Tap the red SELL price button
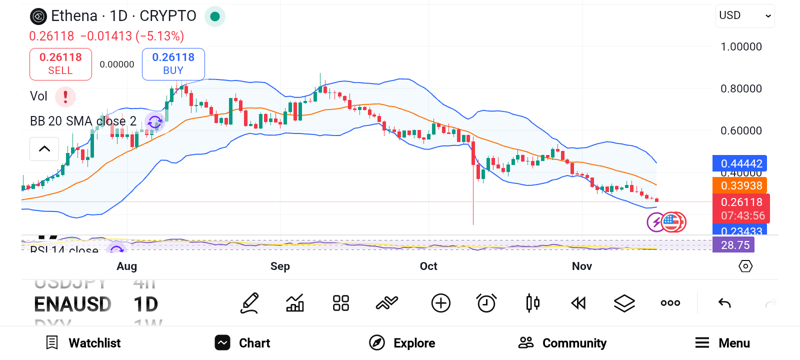pyautogui.click(x=60, y=64)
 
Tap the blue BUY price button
pyautogui.click(x=173, y=64)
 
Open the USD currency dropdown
pyautogui.click(x=744, y=16)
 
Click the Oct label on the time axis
pyautogui.click(x=428, y=266)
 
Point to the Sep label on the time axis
pyautogui.click(x=280, y=266)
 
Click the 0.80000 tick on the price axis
pyautogui.click(x=741, y=88)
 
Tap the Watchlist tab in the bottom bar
pyautogui.click(x=83, y=343)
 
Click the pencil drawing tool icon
pyautogui.click(x=249, y=303)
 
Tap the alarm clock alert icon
pyautogui.click(x=486, y=303)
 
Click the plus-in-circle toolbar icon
pyautogui.click(x=440, y=303)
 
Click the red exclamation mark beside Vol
pyautogui.click(x=65, y=96)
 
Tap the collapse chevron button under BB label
pyautogui.click(x=44, y=148)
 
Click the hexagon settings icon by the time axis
pyautogui.click(x=745, y=266)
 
